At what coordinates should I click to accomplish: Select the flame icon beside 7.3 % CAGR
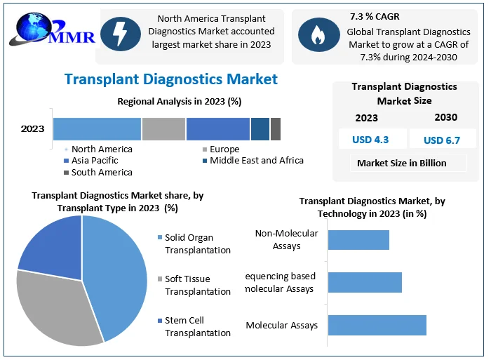pyautogui.click(x=315, y=35)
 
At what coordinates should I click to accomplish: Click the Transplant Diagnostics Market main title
pyautogui.click(x=171, y=79)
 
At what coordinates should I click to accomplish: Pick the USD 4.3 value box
pyautogui.click(x=371, y=139)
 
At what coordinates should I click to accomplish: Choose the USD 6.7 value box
pyautogui.click(x=442, y=140)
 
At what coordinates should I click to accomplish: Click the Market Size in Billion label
pyautogui.click(x=401, y=163)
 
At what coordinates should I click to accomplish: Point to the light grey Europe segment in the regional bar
pyautogui.click(x=163, y=129)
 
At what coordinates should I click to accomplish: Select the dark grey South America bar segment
pyautogui.click(x=276, y=129)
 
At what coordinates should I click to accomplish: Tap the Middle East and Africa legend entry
pyautogui.click(x=253, y=161)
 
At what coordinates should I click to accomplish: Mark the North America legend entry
pyautogui.click(x=98, y=149)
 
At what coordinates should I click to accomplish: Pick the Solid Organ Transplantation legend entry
pyautogui.click(x=196, y=244)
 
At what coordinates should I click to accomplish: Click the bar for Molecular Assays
pyautogui.click(x=377, y=325)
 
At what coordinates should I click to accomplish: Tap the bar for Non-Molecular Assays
pyautogui.click(x=358, y=239)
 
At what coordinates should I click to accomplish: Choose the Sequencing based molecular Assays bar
pyautogui.click(x=365, y=282)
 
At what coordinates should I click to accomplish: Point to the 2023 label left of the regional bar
pyautogui.click(x=33, y=128)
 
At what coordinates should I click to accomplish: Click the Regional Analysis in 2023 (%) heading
pyautogui.click(x=179, y=101)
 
